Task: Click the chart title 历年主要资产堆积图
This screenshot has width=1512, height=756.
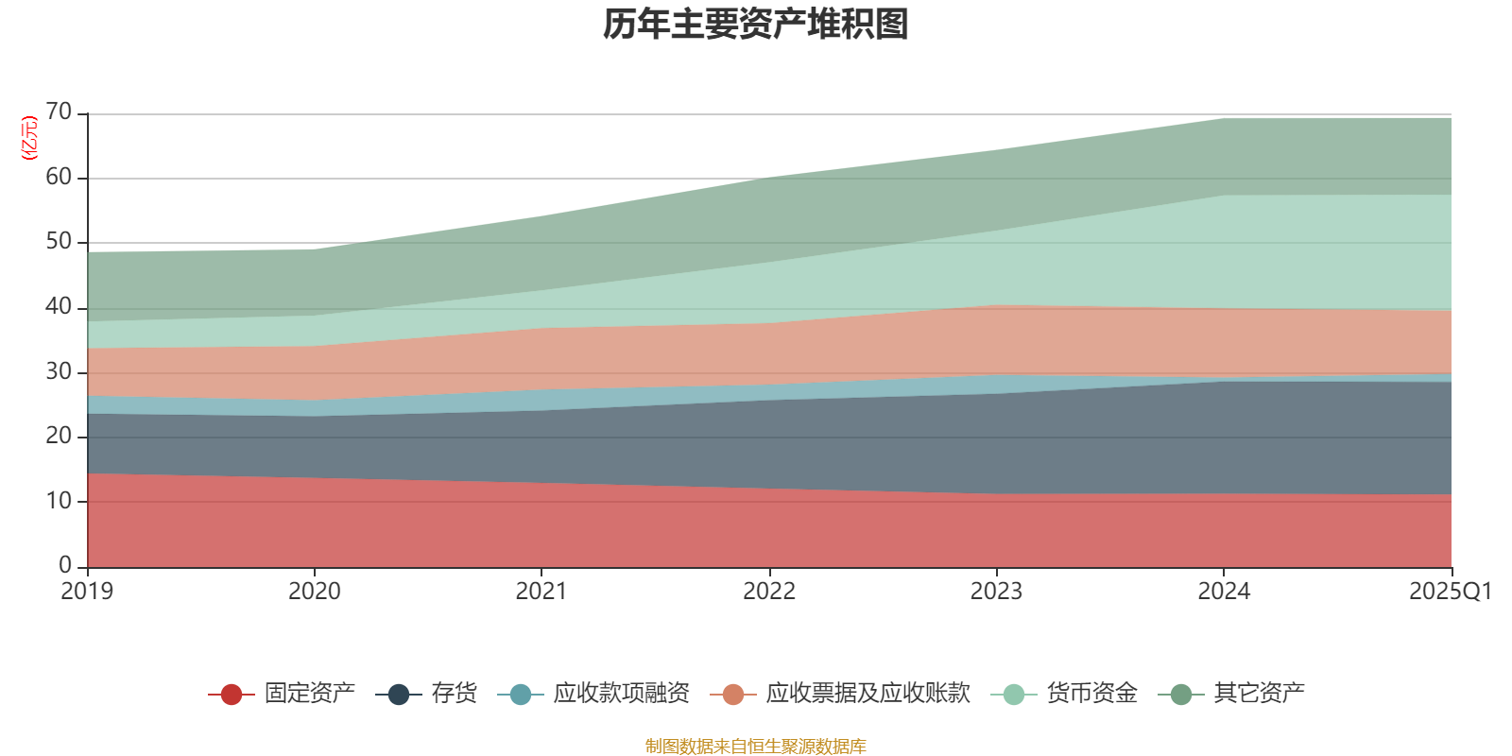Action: point(756,26)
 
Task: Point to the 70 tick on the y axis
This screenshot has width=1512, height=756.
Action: point(59,112)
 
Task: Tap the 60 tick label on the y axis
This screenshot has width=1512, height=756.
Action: point(59,177)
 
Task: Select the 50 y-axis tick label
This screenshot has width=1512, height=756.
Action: point(59,241)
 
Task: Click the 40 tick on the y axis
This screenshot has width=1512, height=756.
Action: point(59,306)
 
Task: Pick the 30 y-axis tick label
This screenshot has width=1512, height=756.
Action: point(59,371)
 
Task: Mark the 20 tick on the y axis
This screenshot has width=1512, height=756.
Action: point(59,436)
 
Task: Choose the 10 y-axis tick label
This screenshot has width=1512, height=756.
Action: point(59,501)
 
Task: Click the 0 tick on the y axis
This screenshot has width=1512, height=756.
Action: point(65,565)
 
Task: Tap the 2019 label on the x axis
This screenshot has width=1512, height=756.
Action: point(87,592)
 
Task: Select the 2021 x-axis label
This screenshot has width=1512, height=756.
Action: point(541,592)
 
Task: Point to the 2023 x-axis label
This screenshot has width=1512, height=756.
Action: point(996,592)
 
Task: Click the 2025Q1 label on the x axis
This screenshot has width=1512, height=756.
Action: point(1450,592)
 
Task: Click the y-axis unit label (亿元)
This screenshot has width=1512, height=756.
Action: point(29,138)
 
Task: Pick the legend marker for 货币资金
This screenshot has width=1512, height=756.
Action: point(1013,695)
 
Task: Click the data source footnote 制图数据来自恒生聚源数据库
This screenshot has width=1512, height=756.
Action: point(756,747)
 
